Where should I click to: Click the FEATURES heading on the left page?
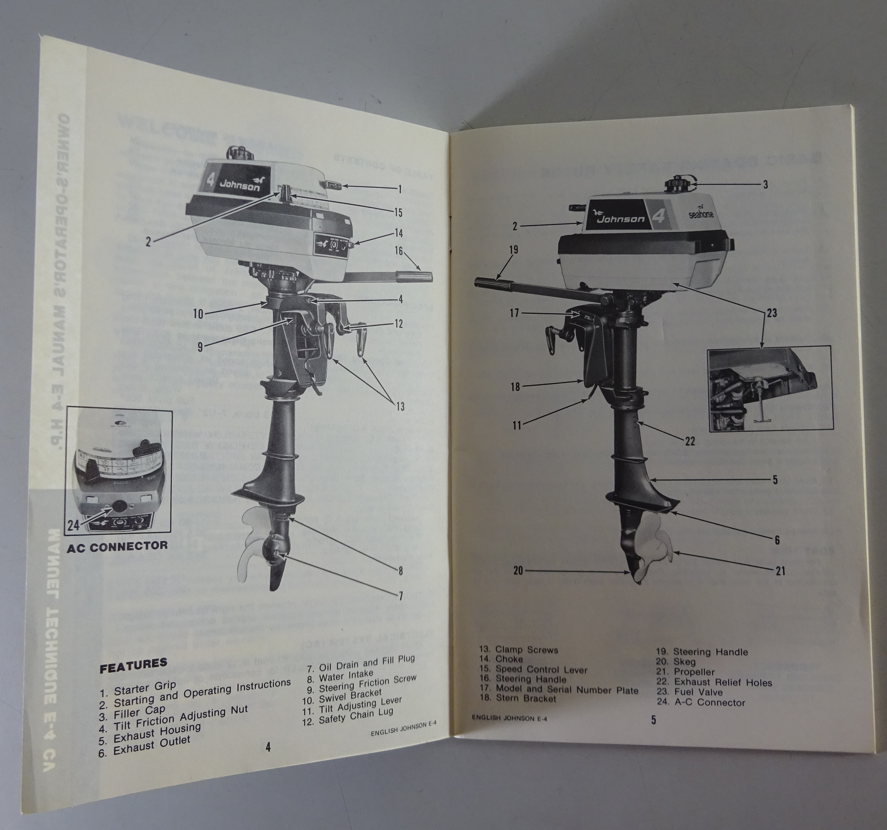pyautogui.click(x=133, y=665)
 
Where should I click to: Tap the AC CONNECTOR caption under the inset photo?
pyautogui.click(x=117, y=546)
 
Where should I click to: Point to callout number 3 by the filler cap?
pyautogui.click(x=766, y=185)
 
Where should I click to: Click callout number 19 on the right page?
pyautogui.click(x=513, y=249)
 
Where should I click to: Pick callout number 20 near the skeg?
pyautogui.click(x=518, y=570)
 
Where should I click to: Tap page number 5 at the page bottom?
pyautogui.click(x=654, y=721)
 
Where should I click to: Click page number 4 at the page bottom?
pyautogui.click(x=268, y=747)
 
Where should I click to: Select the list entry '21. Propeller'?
pyautogui.click(x=695, y=672)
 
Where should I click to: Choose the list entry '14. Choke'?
pyautogui.click(x=501, y=659)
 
